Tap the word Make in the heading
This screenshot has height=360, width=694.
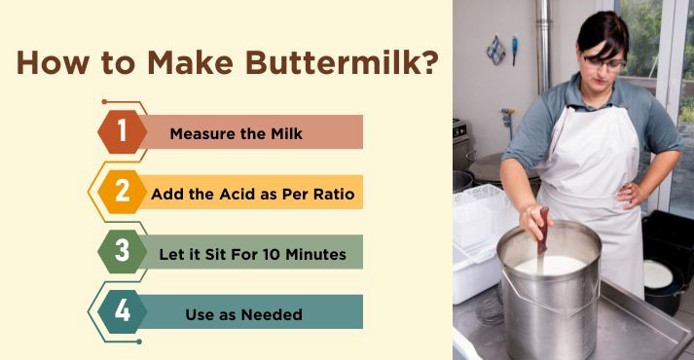click(x=191, y=64)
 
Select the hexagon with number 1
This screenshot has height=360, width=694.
click(x=122, y=131)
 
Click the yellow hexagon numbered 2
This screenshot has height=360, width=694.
click(x=122, y=192)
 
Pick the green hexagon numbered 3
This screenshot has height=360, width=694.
click(x=122, y=251)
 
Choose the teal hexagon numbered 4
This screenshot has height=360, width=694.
click(x=122, y=311)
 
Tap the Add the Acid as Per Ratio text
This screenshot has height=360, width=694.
click(x=252, y=193)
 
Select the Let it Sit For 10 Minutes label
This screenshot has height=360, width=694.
click(x=252, y=253)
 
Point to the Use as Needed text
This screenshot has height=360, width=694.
click(x=243, y=313)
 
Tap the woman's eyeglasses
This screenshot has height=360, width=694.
click(x=604, y=62)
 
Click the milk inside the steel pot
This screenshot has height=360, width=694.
click(x=550, y=264)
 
